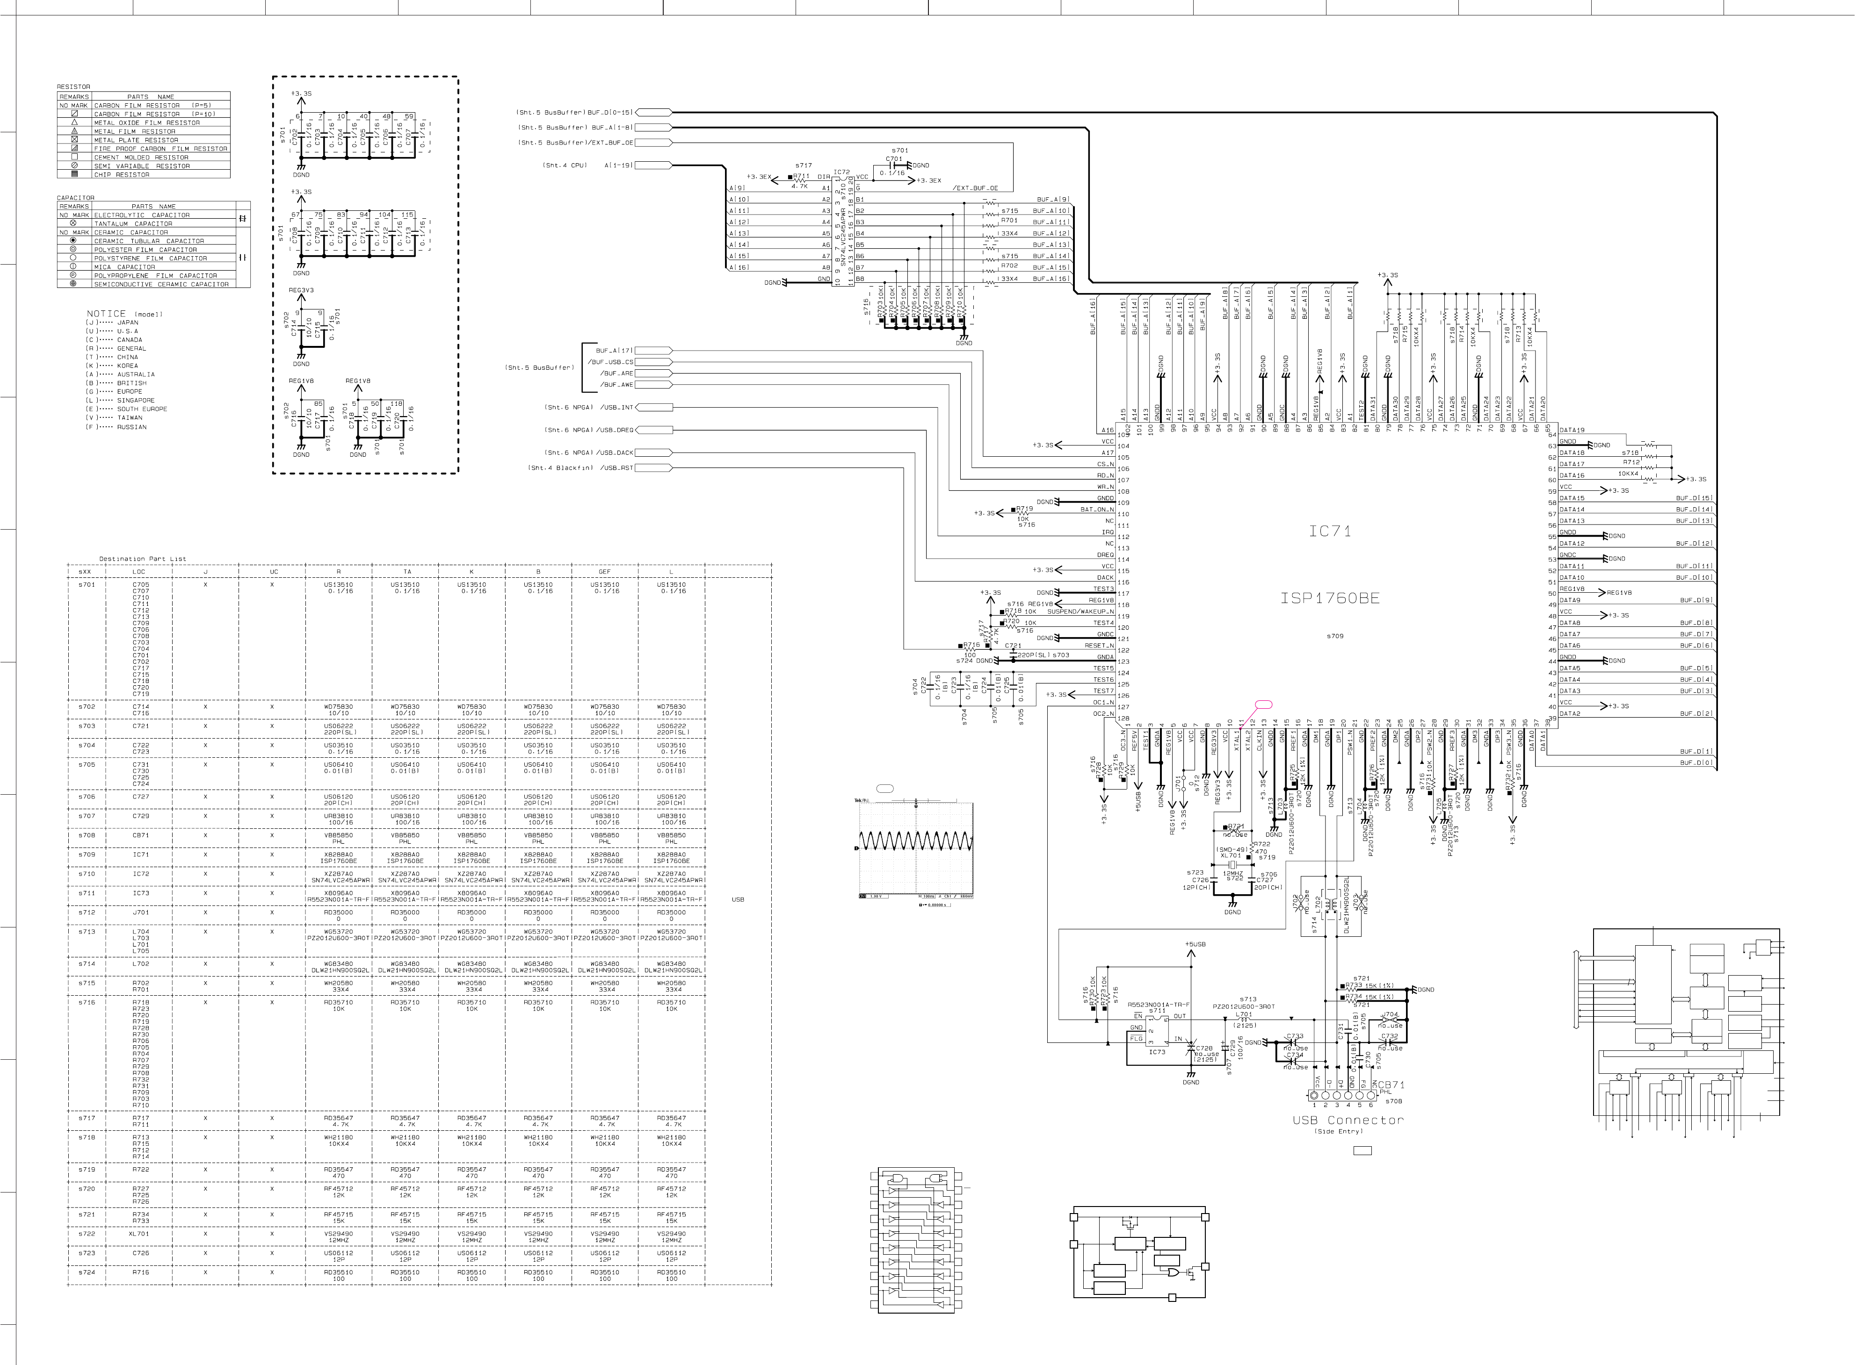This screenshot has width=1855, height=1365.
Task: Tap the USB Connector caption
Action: point(1348,1120)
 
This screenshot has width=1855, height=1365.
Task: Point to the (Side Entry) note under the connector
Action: point(1338,1131)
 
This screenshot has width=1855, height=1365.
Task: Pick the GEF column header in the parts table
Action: point(604,572)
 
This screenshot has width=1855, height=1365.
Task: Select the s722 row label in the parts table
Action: point(87,1234)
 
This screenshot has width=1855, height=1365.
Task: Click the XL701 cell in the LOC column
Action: point(140,1234)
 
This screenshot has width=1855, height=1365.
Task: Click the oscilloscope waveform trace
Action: point(915,842)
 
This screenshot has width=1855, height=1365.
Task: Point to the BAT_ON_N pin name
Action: point(1097,510)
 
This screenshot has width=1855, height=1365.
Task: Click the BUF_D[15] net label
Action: point(1694,498)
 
